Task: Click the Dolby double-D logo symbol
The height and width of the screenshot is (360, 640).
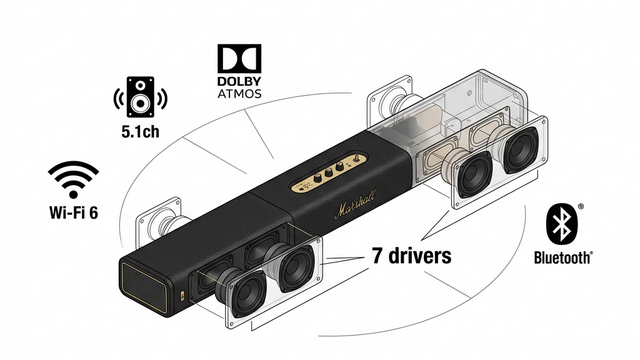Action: click(239, 59)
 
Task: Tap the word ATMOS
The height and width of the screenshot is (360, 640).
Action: click(239, 93)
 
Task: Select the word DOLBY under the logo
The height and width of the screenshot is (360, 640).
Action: click(239, 81)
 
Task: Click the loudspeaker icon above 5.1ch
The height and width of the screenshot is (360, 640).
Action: click(140, 97)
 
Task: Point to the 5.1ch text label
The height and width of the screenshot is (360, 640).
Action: click(140, 131)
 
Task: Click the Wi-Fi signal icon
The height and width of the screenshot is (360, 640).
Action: click(73, 180)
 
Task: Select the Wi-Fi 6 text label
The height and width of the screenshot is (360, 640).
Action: click(73, 212)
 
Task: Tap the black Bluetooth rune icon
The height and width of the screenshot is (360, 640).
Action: click(561, 224)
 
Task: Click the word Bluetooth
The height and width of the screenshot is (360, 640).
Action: click(563, 258)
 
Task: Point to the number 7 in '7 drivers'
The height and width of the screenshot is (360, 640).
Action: click(378, 256)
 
